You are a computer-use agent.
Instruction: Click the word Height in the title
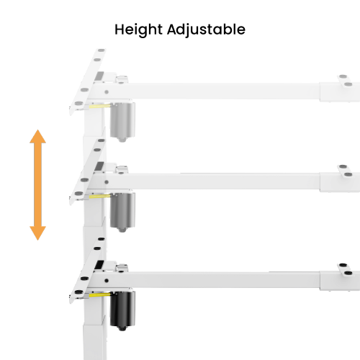click(138, 30)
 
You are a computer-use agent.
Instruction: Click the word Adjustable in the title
click(206, 30)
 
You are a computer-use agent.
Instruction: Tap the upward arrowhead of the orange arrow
click(37, 137)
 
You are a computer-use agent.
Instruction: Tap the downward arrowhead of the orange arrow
click(37, 233)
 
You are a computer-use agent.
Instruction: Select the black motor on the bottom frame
click(122, 309)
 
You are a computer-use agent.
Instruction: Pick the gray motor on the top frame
click(122, 120)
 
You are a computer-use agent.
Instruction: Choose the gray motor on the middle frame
click(122, 210)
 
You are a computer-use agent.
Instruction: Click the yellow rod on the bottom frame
click(100, 294)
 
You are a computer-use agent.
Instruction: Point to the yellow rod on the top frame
click(100, 106)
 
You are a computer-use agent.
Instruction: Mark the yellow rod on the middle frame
click(100, 196)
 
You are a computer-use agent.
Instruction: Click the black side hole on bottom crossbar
click(107, 280)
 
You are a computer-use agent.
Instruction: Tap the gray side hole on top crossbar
click(107, 92)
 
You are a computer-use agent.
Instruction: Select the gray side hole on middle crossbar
click(107, 182)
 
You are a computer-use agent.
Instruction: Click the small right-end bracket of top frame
click(346, 81)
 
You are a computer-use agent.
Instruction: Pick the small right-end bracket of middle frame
click(346, 171)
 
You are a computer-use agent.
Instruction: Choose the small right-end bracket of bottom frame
click(346, 269)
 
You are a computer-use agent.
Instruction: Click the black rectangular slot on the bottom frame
click(99, 265)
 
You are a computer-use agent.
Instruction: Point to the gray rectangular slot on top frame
click(99, 76)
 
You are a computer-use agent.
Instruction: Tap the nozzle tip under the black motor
click(122, 329)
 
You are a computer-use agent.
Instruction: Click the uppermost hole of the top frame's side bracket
click(102, 50)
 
